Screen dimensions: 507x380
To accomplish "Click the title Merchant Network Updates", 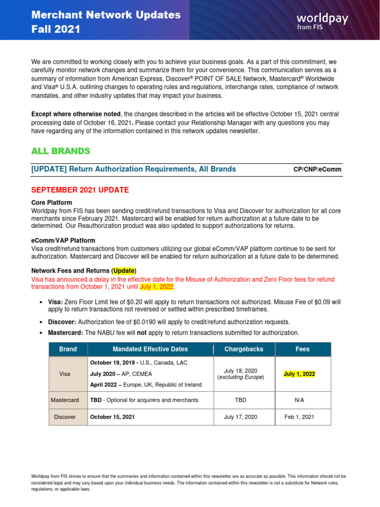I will [x=106, y=15].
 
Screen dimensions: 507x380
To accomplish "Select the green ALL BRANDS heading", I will [x=60, y=151].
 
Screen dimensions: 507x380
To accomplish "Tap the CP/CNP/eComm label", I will [x=317, y=169].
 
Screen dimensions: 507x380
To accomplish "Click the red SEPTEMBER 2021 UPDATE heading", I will [x=80, y=190].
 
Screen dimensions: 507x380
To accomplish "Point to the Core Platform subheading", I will [x=51, y=203].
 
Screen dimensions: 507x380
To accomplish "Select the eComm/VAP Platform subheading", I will [x=63, y=241].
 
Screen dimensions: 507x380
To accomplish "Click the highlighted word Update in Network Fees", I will [x=124, y=271].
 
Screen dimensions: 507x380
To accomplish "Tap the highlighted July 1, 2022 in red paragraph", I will [x=157, y=287].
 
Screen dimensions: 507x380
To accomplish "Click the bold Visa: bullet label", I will [x=55, y=302].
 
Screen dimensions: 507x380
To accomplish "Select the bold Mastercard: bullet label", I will [x=65, y=332].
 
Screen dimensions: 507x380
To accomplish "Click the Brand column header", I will [x=68, y=349].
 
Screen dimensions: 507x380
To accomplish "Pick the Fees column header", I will [x=302, y=349].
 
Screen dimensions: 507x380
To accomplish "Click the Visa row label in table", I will [x=68, y=374].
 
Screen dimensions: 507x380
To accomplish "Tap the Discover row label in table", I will [x=65, y=417].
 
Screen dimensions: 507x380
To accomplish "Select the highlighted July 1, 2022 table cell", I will [x=299, y=374].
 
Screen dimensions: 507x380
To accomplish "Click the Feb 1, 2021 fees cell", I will [x=299, y=417].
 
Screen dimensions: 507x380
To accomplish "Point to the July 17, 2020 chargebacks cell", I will [x=240, y=417].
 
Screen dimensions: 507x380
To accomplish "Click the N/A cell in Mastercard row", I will [x=299, y=400].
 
